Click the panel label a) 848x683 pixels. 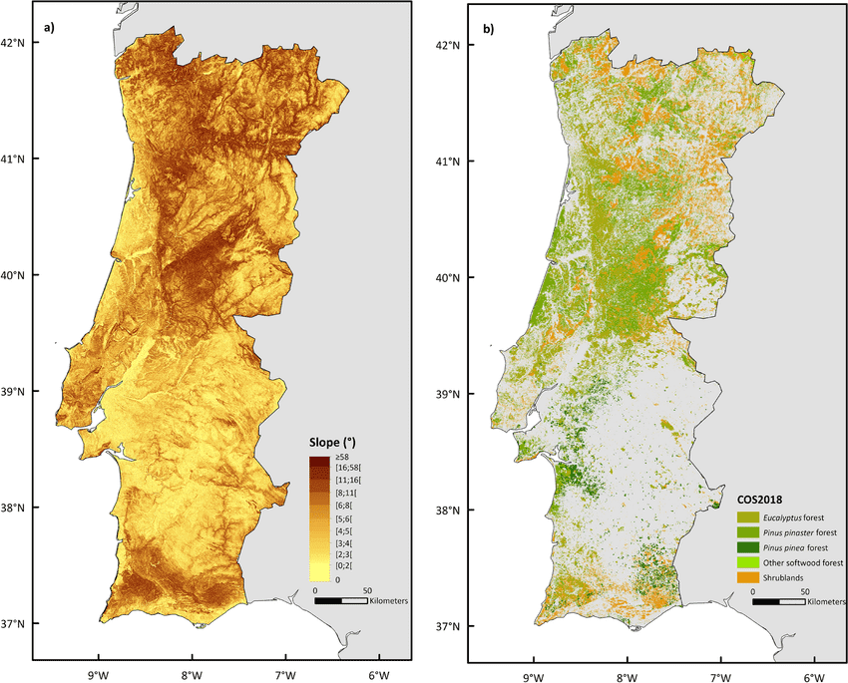pos(47,28)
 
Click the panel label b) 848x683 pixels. pos(488,29)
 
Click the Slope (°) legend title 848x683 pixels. pos(336,442)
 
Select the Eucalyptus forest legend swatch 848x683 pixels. pos(748,517)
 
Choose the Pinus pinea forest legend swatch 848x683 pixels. pos(748,547)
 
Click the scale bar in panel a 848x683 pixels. pos(340,601)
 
